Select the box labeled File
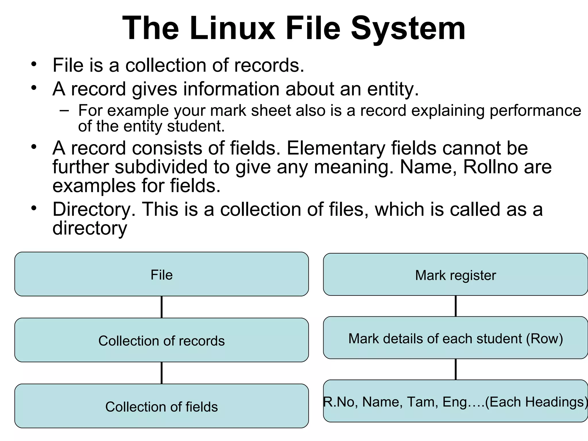click(161, 274)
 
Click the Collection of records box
click(161, 340)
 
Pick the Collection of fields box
click(161, 406)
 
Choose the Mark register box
click(455, 274)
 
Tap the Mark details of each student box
click(455, 338)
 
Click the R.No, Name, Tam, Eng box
click(455, 401)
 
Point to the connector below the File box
click(162, 307)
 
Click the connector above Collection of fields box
click(162, 373)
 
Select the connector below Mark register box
click(456, 306)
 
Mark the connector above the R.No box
click(456, 369)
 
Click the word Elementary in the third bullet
click(336, 148)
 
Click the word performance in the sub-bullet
click(535, 111)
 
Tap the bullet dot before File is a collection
click(34, 64)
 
